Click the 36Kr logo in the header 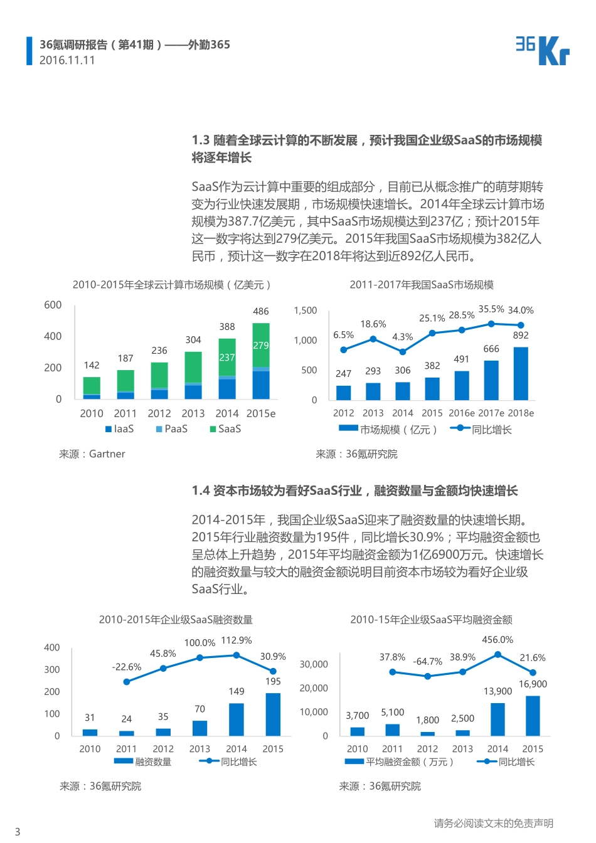(x=542, y=50)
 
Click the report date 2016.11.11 (x=67, y=60)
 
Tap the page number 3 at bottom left (x=18, y=831)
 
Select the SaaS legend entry (x=226, y=429)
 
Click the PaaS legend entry (x=173, y=429)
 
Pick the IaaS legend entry (x=120, y=429)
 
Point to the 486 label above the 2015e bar (x=260, y=311)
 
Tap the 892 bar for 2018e (x=521, y=373)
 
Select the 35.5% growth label (x=491, y=309)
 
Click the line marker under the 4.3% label (x=402, y=352)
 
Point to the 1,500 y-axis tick (x=306, y=310)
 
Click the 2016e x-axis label (x=462, y=413)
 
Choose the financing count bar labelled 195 (x=273, y=714)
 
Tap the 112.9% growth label (x=237, y=640)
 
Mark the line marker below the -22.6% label (x=127, y=682)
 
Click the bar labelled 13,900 (x=498, y=719)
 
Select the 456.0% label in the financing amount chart (x=498, y=640)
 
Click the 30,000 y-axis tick (x=314, y=664)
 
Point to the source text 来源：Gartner (x=92, y=454)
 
